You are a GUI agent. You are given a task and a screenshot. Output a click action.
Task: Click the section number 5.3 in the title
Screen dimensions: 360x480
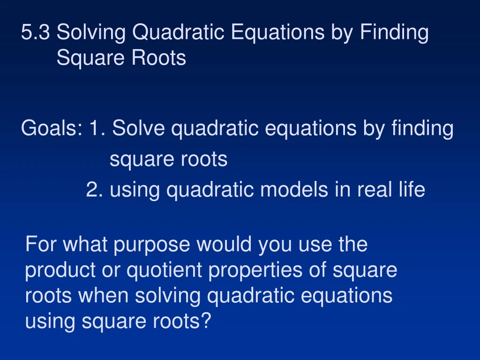click(36, 33)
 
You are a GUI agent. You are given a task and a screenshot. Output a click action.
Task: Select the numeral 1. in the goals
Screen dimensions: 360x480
click(96, 128)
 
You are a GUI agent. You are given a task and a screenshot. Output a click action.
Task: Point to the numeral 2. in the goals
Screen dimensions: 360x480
click(95, 190)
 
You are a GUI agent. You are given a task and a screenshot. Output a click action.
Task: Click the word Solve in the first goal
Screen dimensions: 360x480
click(139, 128)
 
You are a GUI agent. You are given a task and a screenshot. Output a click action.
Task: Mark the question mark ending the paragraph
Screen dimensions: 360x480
click(206, 322)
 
